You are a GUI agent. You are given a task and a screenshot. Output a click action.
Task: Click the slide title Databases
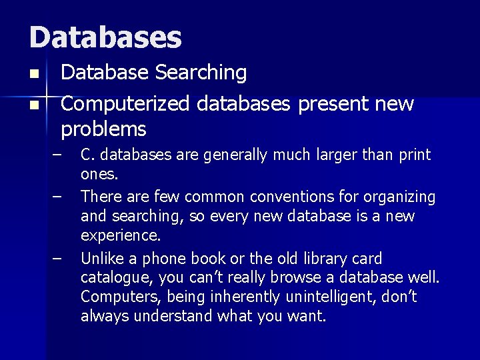105,37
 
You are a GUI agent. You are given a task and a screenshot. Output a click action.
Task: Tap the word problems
103,128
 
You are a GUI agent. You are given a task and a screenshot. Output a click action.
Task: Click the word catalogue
111,278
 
